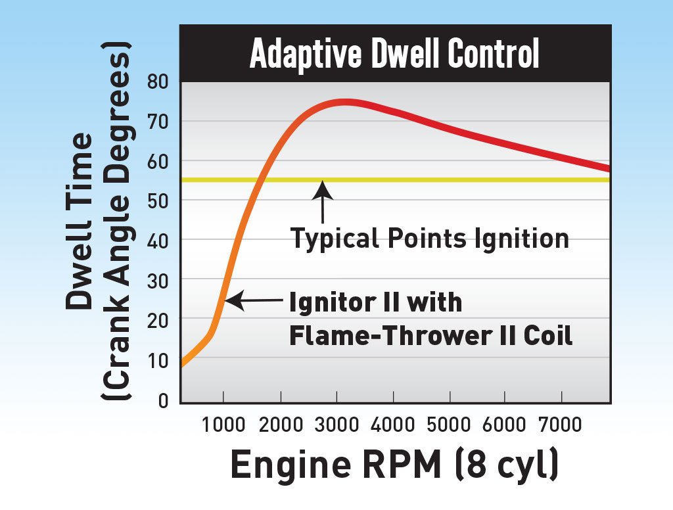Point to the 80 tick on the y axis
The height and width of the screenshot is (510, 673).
coord(160,81)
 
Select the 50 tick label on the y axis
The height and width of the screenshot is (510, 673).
coord(160,201)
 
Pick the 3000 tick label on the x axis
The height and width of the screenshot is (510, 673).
coord(336,425)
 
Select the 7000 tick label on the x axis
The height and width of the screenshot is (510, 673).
coord(561,425)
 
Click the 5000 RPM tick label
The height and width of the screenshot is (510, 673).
coord(449,425)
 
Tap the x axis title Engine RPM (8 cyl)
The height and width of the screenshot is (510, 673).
coord(394,465)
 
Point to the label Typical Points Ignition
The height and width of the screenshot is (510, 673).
coord(430,238)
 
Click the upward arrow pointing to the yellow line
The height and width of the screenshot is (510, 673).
coord(322,204)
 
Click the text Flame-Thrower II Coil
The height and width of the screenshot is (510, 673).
coord(431,336)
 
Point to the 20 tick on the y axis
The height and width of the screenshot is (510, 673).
coord(160,321)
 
